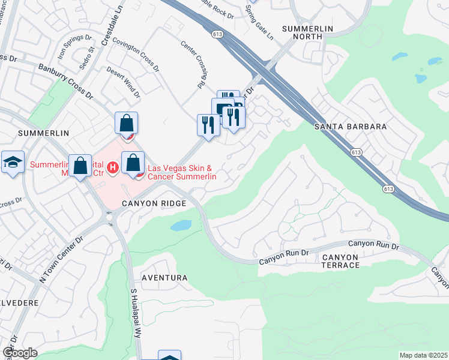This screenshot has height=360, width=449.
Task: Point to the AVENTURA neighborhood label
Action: (164, 278)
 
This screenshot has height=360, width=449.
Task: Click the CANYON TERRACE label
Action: (340, 261)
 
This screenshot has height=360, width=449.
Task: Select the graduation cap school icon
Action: (13, 162)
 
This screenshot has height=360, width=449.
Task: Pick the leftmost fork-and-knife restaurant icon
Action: (208, 125)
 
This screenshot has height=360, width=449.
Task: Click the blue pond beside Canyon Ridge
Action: (181, 226)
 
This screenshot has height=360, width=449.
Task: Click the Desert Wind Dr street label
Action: (123, 82)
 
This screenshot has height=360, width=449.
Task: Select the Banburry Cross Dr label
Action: (65, 81)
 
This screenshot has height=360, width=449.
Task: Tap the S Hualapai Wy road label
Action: (136, 312)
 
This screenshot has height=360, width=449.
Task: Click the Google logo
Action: (20, 353)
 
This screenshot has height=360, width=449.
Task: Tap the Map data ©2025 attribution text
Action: (423, 355)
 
